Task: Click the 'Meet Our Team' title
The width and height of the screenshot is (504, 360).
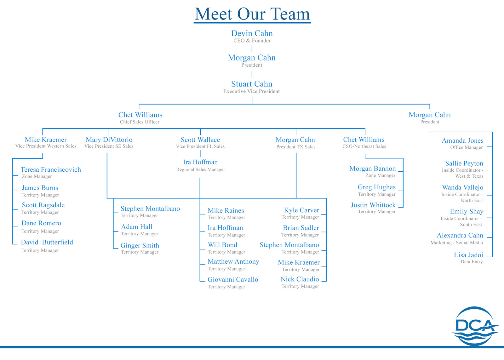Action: click(x=252, y=14)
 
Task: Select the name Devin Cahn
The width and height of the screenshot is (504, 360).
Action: click(x=252, y=33)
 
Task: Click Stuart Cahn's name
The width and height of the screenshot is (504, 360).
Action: click(x=252, y=84)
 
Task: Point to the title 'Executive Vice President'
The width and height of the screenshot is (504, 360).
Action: click(x=251, y=91)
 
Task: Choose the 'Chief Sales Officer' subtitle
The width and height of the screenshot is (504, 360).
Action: click(x=140, y=122)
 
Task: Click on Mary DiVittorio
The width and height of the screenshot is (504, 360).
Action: click(x=109, y=140)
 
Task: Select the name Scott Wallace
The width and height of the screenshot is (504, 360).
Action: click(x=200, y=140)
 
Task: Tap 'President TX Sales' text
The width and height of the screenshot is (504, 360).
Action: click(x=296, y=147)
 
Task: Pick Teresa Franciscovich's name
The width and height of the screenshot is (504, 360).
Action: click(x=51, y=169)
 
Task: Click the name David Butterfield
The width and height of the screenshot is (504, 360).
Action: click(x=47, y=242)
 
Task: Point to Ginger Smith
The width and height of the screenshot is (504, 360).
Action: click(x=140, y=245)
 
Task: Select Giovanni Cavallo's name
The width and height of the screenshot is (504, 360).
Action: click(x=233, y=279)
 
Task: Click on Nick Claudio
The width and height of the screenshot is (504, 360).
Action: click(x=300, y=279)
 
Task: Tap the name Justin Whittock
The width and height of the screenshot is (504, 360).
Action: click(x=373, y=205)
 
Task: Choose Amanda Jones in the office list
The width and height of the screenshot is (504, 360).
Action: click(x=463, y=140)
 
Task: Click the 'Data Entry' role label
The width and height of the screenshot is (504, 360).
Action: click(x=472, y=262)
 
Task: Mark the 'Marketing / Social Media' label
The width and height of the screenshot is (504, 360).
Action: click(x=457, y=243)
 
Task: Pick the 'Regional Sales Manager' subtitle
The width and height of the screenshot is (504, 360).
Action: click(x=200, y=169)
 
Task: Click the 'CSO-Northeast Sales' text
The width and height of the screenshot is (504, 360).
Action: click(x=364, y=146)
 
